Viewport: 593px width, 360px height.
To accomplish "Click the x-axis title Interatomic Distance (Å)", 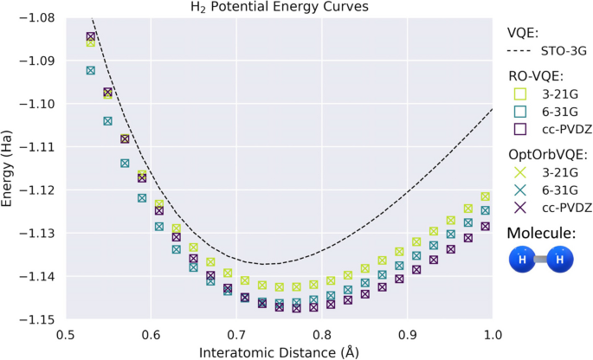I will coord(278,351).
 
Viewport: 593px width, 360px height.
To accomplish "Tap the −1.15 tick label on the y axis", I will coord(36,319).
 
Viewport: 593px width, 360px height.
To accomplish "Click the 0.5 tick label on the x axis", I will coord(66,334).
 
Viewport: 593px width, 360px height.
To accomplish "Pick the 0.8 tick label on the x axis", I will coord(321,334).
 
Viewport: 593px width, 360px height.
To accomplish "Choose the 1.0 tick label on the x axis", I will coord(492,334).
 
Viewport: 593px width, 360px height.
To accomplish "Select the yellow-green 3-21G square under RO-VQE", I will coord(520,93).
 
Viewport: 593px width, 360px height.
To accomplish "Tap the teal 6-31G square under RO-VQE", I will coord(520,111).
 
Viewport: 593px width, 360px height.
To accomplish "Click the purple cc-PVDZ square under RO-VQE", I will coord(520,129).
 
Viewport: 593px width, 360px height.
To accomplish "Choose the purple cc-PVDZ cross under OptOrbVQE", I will coord(520,208).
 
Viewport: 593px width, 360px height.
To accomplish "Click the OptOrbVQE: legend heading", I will coord(547,152).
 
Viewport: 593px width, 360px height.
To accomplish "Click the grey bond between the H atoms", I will coord(543,260).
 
